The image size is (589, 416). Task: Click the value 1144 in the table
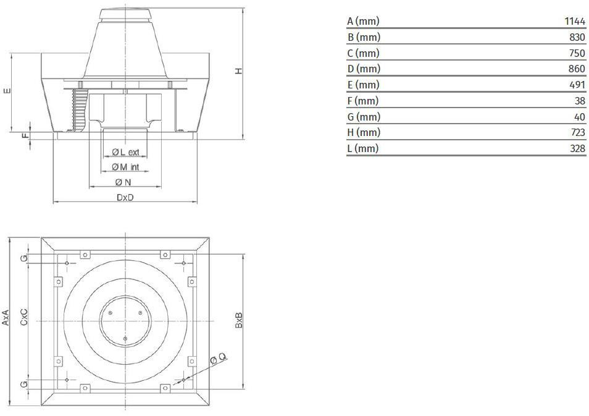(575, 21)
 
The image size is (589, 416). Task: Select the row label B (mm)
(364, 37)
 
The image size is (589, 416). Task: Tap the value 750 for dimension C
(577, 53)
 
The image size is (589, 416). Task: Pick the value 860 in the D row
(577, 69)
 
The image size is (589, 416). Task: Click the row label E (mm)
(363, 85)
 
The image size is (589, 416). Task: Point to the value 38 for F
(580, 101)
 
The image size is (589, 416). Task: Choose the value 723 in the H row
(577, 132)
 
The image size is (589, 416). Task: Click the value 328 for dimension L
(577, 148)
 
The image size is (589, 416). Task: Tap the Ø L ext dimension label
(125, 152)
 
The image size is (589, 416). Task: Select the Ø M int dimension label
(125, 167)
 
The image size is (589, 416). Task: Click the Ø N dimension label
(123, 182)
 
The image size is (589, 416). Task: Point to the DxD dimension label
(125, 197)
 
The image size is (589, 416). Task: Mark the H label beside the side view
(239, 70)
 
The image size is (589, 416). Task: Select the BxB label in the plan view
(239, 320)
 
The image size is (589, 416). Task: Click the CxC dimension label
(24, 317)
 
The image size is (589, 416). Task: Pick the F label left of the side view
(25, 134)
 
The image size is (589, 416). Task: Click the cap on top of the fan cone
(125, 15)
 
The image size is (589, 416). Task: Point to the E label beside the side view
(7, 91)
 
